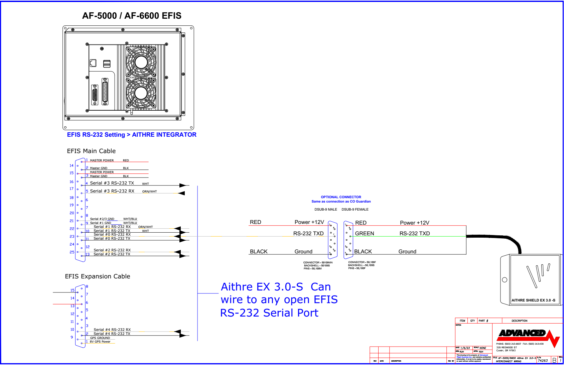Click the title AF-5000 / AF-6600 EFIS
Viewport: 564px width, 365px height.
tap(132, 16)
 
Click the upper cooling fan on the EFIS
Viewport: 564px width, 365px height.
tap(141, 62)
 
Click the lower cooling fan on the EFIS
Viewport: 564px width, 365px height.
tap(141, 93)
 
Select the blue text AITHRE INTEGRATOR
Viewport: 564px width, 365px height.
tap(164, 135)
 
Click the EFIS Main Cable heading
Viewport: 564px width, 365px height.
tap(91, 151)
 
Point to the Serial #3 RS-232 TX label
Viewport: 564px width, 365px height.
tap(112, 183)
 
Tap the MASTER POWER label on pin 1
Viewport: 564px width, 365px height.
tap(102, 160)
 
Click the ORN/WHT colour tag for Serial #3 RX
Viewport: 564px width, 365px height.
tap(149, 192)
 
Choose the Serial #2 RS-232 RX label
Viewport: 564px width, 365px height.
tap(112, 250)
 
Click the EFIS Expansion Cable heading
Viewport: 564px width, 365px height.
tap(98, 276)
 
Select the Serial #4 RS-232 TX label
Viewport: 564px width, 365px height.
tap(112, 334)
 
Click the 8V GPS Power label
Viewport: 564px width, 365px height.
tap(100, 342)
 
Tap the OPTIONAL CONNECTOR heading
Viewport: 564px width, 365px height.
tap(341, 197)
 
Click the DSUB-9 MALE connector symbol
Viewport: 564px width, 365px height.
tap(332, 240)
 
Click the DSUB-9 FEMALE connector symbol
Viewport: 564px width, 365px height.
tap(348, 240)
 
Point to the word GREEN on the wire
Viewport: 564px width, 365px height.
tap(365, 234)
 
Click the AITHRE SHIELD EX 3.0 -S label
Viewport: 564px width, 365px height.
tap(533, 300)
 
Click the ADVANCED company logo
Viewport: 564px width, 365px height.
tap(523, 333)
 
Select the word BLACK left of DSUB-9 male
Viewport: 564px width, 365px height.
tap(259, 252)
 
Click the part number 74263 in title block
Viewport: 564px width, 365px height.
tap(543, 361)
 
